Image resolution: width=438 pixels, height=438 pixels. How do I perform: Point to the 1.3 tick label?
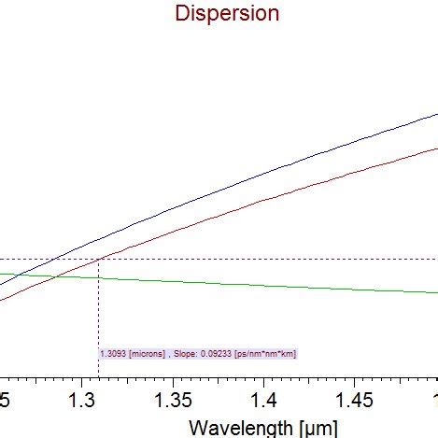pyautogui.click(x=84, y=400)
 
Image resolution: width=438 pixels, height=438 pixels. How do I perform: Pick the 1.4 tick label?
pyautogui.click(x=263, y=400)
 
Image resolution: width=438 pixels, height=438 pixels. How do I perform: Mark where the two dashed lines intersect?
pyautogui.click(x=98, y=259)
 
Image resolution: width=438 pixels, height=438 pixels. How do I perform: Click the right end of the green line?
pyautogui.click(x=435, y=292)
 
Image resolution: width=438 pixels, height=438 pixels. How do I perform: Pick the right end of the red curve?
pyautogui.click(x=435, y=148)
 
